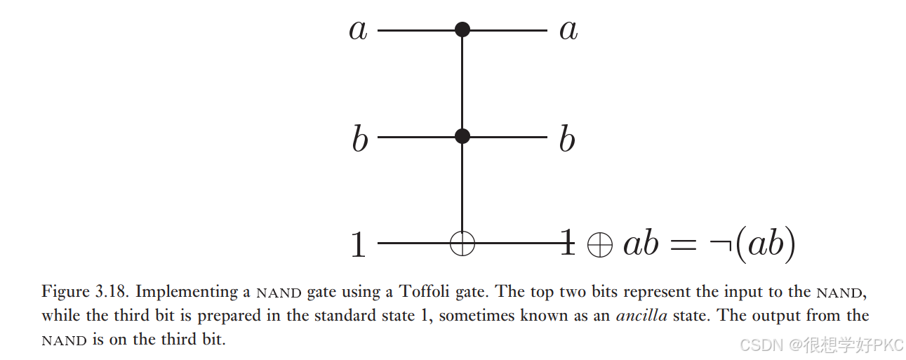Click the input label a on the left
[358, 31]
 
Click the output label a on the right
[568, 31]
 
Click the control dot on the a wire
[462, 30]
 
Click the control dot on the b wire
[462, 136]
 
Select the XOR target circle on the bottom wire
[462, 244]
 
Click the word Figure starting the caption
[65, 291]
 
